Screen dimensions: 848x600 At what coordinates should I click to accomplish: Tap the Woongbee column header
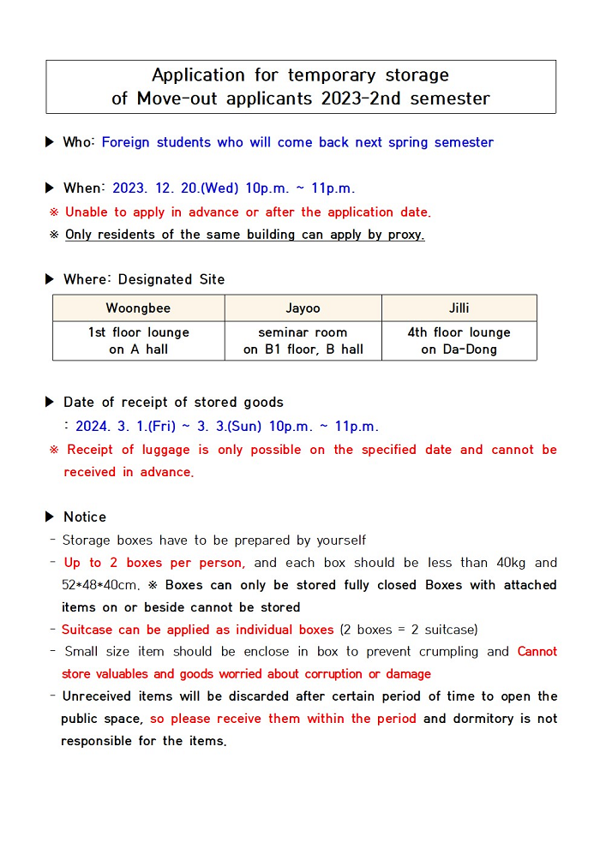(x=138, y=308)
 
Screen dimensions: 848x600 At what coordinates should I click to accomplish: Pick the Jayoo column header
(x=303, y=308)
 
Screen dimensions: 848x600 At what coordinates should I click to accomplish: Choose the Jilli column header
(x=459, y=308)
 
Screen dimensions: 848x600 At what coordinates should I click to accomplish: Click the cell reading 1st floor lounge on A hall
(x=138, y=341)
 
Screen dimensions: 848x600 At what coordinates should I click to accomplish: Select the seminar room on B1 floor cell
(x=303, y=341)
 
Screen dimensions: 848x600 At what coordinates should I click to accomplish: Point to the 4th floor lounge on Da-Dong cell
(x=459, y=341)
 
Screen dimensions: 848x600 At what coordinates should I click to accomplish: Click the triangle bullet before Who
(x=50, y=142)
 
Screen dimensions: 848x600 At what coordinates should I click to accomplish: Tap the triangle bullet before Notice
(x=50, y=517)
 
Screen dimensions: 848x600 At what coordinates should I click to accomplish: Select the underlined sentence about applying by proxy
(x=244, y=235)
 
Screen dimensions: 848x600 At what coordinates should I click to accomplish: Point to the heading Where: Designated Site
(x=143, y=279)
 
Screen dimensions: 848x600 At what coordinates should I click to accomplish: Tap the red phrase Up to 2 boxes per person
(x=154, y=563)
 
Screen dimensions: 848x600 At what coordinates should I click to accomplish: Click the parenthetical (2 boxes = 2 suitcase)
(x=409, y=630)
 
